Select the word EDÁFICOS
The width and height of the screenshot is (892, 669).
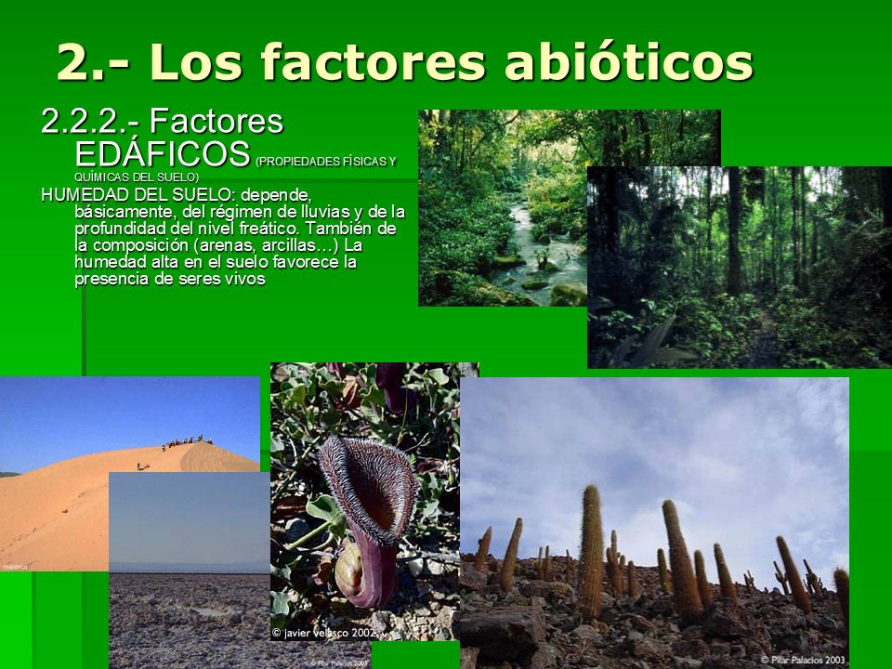pos(163,153)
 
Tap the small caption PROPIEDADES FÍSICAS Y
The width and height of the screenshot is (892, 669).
pos(326,162)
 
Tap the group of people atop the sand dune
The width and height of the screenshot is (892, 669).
pos(187,442)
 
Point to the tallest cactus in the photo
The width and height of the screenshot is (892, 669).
pos(590,552)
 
